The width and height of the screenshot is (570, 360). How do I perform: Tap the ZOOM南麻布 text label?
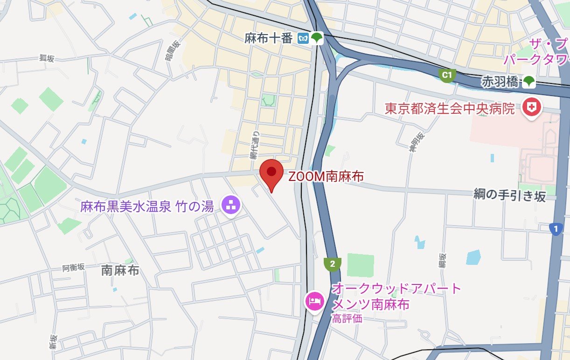pos(326,177)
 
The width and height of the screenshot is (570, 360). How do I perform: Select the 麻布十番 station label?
pos(268,39)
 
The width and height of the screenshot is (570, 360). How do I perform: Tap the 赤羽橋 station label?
pos(500,82)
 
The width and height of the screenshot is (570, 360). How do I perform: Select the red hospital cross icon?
pos(531,108)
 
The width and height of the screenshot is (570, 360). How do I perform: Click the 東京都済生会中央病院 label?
pos(450,109)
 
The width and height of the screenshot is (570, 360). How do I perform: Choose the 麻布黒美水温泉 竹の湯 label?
pos(147,206)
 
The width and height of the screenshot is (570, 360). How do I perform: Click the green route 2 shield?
pos(332,264)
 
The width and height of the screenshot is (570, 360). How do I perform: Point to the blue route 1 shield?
pos(556,229)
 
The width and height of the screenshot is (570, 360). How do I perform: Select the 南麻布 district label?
pos(120,270)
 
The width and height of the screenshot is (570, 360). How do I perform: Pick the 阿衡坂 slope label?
pos(74,268)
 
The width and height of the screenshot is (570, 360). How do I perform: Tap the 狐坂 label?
pos(47,58)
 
